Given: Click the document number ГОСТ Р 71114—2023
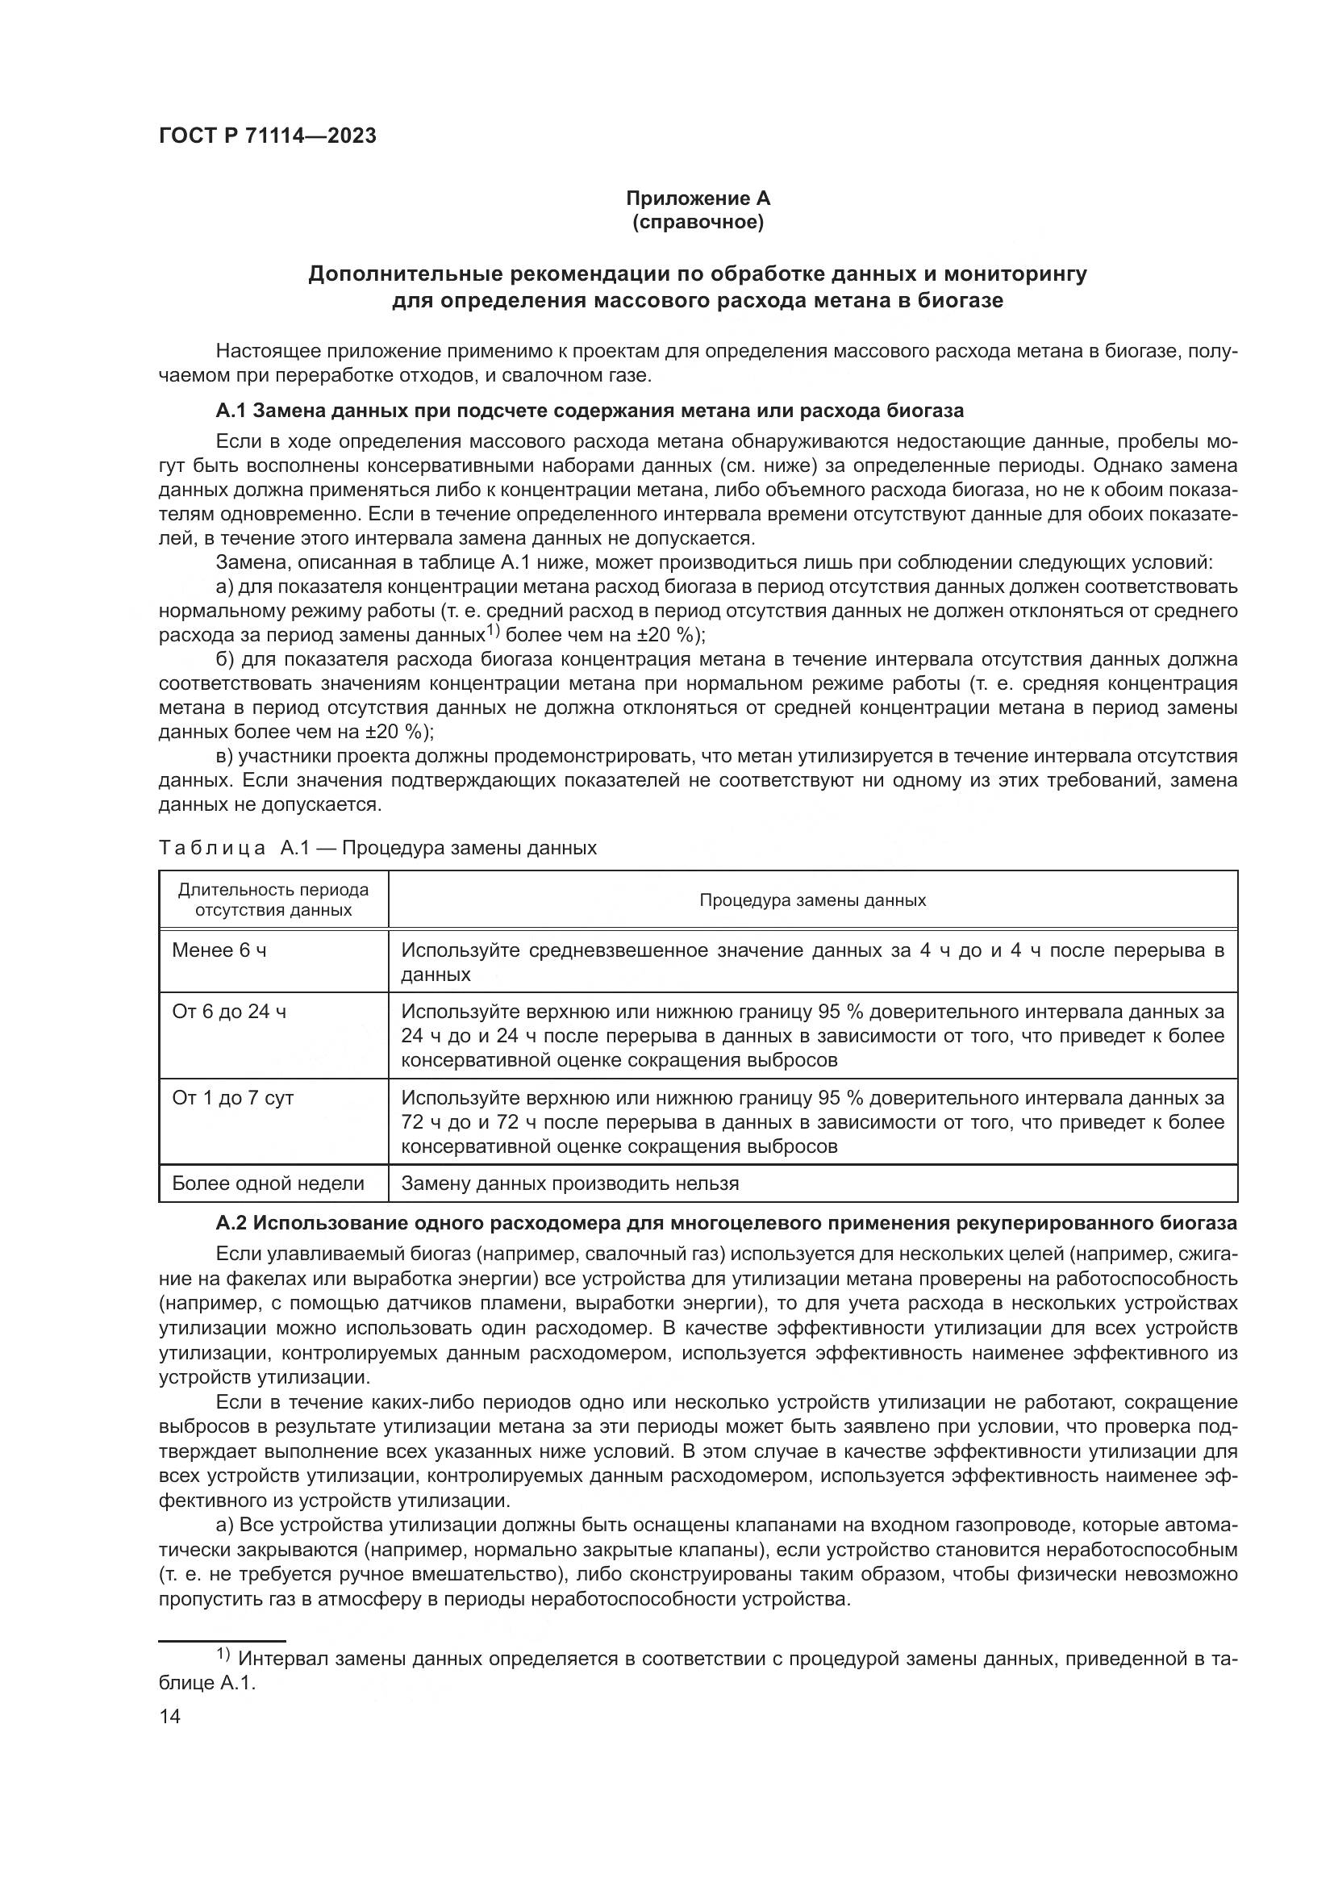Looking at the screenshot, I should point(268,136).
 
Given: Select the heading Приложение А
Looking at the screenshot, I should point(698,198).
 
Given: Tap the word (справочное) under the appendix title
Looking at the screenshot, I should point(698,223).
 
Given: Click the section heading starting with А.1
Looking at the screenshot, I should point(590,410).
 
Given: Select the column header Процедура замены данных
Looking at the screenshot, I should point(811,900).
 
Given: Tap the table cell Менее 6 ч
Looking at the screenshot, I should point(219,951).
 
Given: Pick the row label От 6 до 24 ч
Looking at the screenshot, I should point(229,1012).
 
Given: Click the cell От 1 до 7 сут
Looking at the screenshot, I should point(232,1098).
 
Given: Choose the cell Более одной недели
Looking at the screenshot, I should point(268,1184).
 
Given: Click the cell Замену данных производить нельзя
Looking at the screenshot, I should point(569,1184).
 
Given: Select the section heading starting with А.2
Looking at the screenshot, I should point(725,1224).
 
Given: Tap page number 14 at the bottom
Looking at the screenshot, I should point(169,1717).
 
